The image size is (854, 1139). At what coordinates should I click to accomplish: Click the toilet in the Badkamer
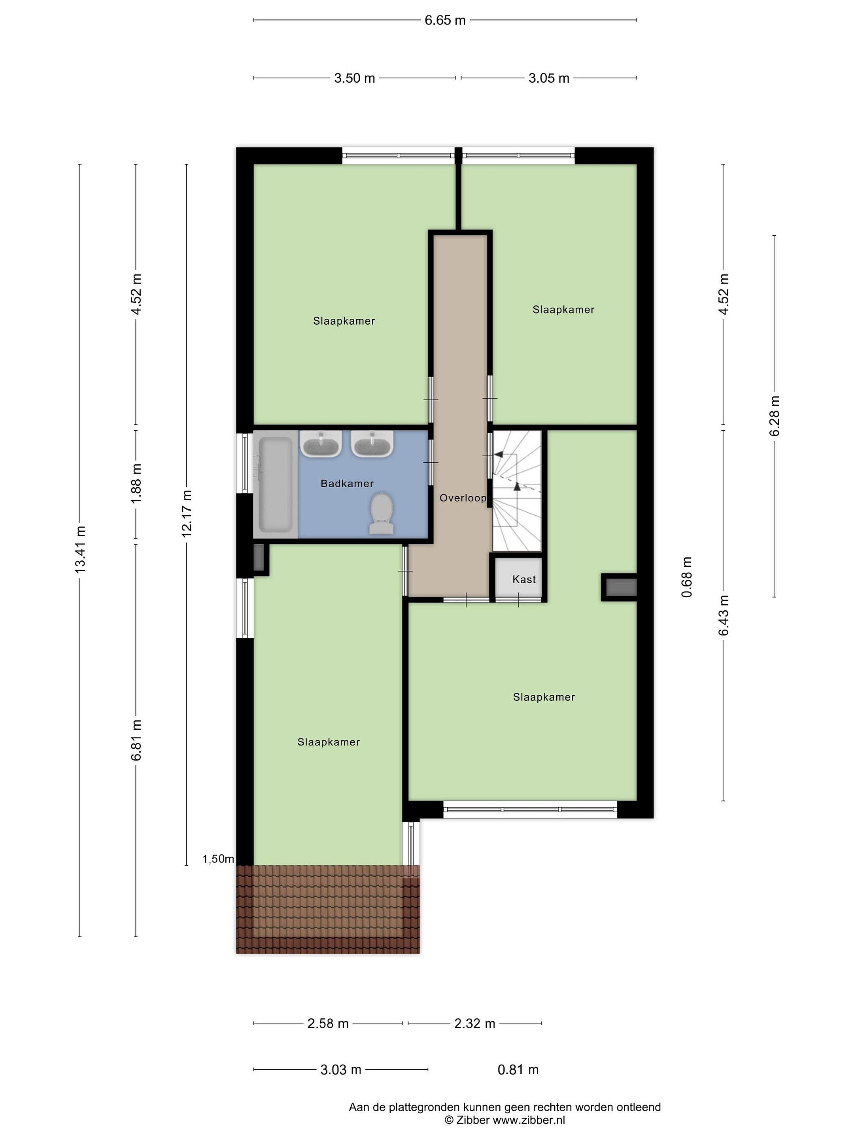(382, 513)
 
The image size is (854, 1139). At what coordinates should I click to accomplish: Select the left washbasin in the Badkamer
(321, 444)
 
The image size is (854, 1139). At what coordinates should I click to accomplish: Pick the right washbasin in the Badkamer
(372, 444)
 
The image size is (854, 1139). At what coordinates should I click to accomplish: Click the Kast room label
(524, 579)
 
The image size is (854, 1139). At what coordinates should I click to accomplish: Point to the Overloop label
(463, 498)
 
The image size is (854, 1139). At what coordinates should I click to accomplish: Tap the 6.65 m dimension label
(445, 20)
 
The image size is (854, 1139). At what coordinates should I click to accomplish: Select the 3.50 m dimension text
(355, 78)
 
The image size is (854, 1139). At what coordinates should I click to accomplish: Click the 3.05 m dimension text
(549, 78)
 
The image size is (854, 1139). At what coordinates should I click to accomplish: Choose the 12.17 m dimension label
(186, 514)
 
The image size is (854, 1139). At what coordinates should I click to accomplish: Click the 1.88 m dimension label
(136, 484)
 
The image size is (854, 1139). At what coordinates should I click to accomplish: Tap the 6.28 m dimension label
(774, 416)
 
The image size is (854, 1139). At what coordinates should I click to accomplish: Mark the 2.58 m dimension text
(328, 1024)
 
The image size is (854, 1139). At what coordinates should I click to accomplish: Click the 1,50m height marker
(218, 859)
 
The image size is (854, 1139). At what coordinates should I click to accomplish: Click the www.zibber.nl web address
(529, 1120)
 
